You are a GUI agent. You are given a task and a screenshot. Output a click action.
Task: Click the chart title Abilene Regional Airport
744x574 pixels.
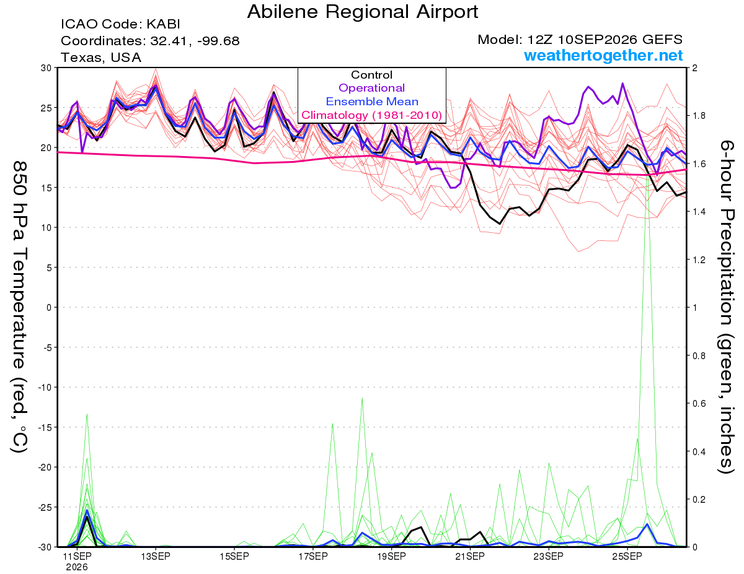click(362, 12)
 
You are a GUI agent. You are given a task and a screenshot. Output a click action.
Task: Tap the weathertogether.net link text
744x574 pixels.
click(603, 55)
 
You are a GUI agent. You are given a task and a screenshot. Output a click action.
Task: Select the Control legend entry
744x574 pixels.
click(371, 75)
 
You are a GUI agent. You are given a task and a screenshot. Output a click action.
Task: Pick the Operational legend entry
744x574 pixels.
click(371, 88)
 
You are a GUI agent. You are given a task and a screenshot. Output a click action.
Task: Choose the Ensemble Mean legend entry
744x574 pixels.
click(372, 102)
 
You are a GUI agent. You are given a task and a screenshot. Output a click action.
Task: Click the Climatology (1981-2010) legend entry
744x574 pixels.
click(371, 115)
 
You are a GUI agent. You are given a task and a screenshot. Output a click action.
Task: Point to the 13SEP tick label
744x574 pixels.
click(156, 556)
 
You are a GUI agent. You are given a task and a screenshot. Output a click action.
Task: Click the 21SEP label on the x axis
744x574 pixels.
click(470, 556)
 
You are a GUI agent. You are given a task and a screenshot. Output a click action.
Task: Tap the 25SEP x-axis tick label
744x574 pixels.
click(627, 556)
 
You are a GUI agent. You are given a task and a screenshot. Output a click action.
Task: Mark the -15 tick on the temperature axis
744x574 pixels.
click(45, 427)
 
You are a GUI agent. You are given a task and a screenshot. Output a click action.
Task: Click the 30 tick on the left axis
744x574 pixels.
click(46, 68)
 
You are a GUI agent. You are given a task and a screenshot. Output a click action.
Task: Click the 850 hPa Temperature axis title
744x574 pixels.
click(20, 307)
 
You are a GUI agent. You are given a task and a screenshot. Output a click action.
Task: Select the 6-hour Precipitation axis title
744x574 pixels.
click(726, 307)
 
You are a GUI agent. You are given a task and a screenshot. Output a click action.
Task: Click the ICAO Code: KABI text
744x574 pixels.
click(120, 24)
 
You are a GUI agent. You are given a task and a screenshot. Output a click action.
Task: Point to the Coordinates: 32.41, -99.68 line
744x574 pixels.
click(150, 41)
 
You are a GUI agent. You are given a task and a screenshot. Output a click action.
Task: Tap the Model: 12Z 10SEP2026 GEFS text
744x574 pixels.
click(580, 40)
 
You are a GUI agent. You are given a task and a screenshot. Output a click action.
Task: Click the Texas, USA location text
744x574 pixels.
click(101, 58)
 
